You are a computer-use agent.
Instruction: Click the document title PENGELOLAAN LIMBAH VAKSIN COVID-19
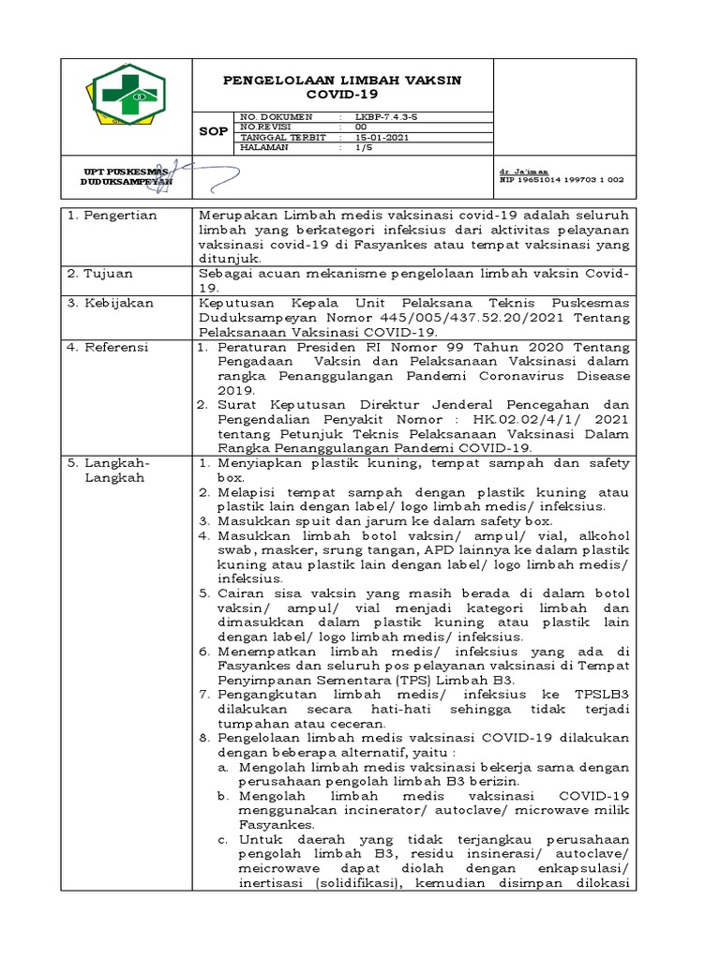coord(341,88)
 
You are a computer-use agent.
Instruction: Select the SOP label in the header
coord(213,131)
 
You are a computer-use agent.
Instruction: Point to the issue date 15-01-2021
coord(382,137)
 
